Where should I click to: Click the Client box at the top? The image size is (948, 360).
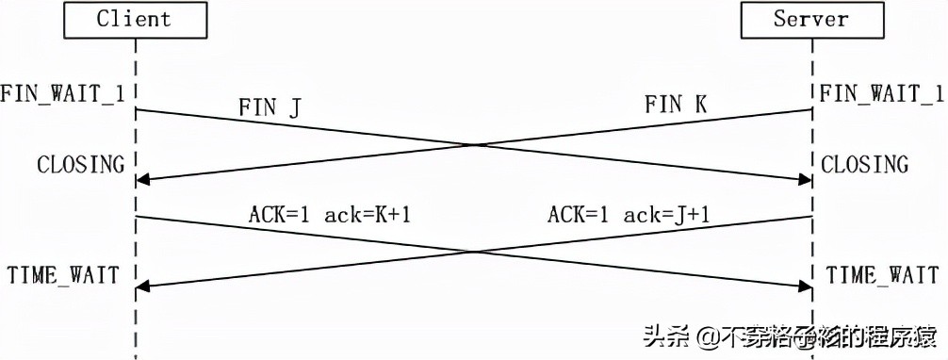[135, 19]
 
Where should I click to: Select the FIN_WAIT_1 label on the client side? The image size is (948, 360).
[63, 93]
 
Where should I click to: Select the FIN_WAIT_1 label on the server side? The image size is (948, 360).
[881, 93]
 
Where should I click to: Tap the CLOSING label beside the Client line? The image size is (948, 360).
[81, 165]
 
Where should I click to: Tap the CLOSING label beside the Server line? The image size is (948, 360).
[865, 165]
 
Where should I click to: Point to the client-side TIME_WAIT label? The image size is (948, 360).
[63, 275]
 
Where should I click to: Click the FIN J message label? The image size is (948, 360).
[269, 106]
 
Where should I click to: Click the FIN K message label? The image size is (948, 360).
[676, 105]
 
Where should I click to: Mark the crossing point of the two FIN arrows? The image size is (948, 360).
[474, 145]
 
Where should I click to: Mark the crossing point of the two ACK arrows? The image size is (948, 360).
[474, 252]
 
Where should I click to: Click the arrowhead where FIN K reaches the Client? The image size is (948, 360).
[142, 179]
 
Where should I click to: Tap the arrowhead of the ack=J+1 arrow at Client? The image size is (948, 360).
[142, 286]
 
